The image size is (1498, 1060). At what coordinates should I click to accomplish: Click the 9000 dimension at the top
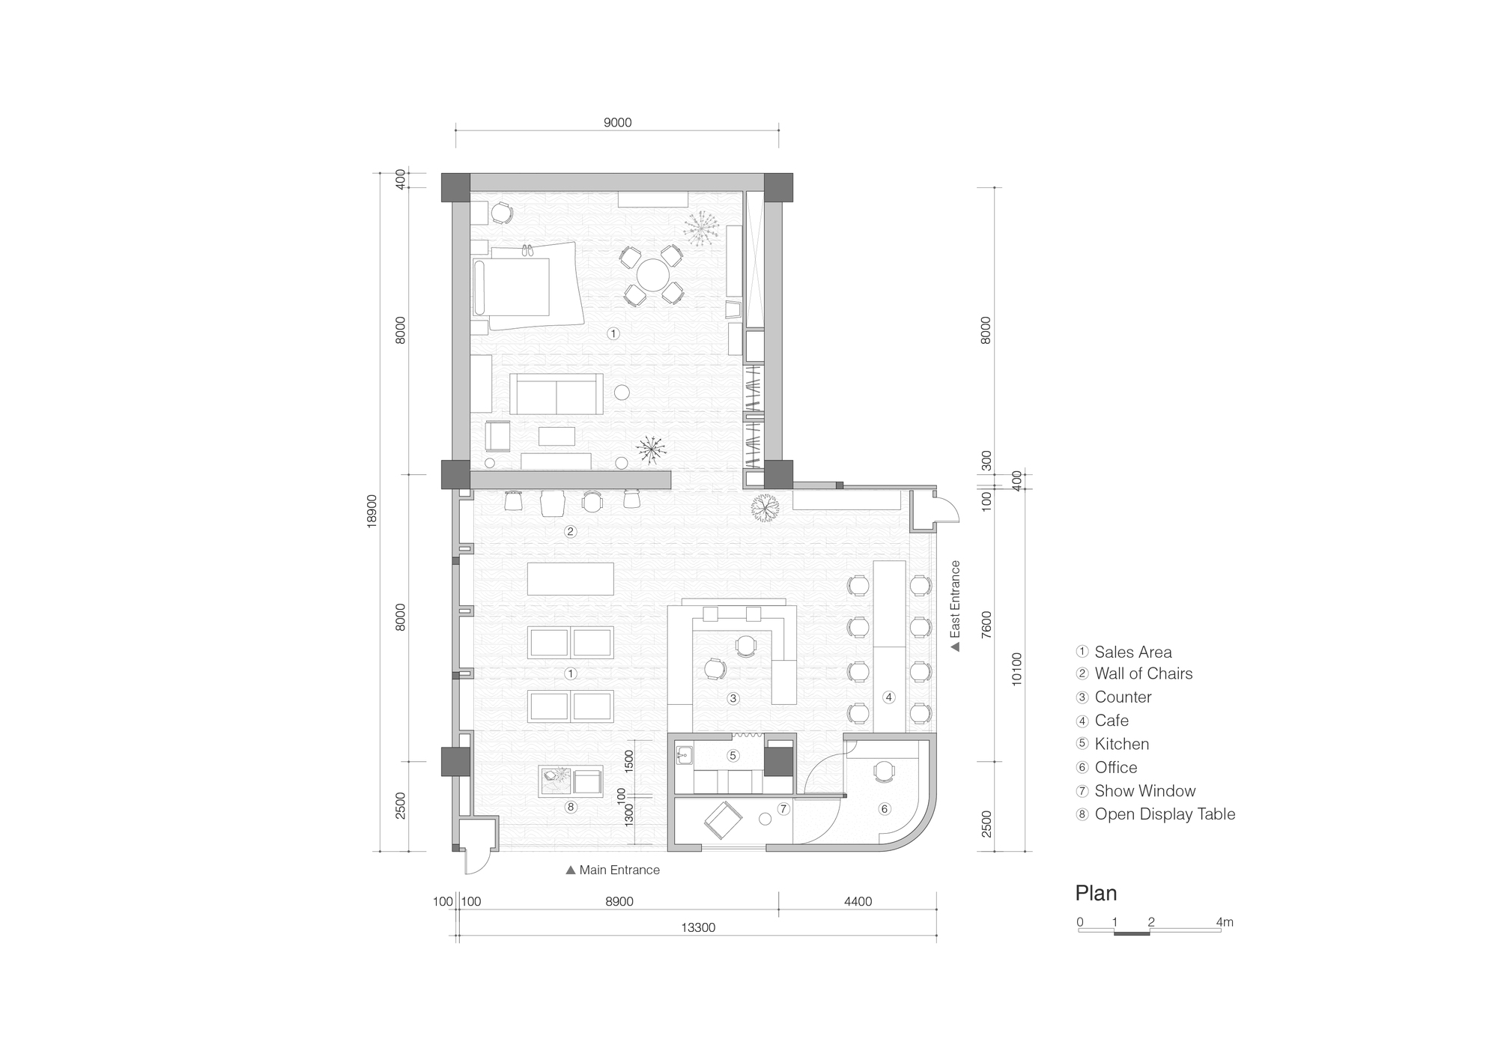(617, 123)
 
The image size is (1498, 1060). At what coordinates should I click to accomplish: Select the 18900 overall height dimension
(372, 511)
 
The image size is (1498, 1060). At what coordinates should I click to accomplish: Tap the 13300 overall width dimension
(697, 927)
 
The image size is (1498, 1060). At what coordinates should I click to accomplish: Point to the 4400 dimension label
(858, 901)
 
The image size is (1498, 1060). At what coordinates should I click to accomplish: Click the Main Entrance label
(619, 870)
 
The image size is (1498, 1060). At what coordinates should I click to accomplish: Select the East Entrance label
(955, 605)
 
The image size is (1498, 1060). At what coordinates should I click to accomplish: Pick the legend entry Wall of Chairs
(1143, 673)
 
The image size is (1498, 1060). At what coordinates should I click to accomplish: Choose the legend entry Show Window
(1144, 790)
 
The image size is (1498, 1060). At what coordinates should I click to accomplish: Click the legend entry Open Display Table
(1164, 814)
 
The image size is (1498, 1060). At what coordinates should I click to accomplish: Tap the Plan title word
(1096, 893)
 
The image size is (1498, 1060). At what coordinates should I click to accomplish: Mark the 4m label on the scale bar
(1225, 922)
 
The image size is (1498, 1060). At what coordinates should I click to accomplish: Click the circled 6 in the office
(884, 808)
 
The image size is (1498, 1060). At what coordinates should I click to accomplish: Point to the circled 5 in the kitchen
(733, 755)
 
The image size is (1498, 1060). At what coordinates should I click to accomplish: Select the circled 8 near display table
(571, 807)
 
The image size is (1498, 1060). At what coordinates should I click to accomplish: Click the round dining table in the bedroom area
(652, 275)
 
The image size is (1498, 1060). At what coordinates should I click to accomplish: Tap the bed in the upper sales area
(517, 287)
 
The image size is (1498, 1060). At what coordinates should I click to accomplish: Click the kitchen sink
(684, 754)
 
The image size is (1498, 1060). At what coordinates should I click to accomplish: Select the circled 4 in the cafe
(888, 697)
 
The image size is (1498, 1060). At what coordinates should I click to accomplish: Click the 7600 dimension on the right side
(986, 624)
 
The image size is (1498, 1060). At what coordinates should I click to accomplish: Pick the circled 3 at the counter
(733, 698)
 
